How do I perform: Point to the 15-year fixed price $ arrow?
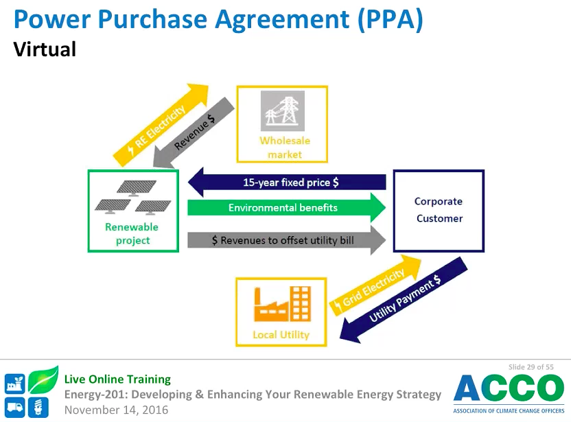pyautogui.click(x=288, y=183)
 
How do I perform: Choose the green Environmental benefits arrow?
pyautogui.click(x=288, y=207)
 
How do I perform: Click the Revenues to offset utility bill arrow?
pyautogui.click(x=288, y=240)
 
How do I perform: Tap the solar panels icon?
pyautogui.click(x=133, y=197)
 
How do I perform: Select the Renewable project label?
pyautogui.click(x=132, y=233)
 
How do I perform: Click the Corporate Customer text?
pyautogui.click(x=439, y=210)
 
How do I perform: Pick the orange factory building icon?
pyautogui.click(x=282, y=304)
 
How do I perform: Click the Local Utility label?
pyautogui.click(x=281, y=335)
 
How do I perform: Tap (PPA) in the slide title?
pyautogui.click(x=388, y=19)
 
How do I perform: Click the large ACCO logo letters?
pyautogui.click(x=508, y=389)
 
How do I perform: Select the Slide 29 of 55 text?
pyautogui.click(x=531, y=367)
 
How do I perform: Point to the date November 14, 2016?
pyautogui.click(x=116, y=410)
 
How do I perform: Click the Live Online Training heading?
pyautogui.click(x=117, y=379)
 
